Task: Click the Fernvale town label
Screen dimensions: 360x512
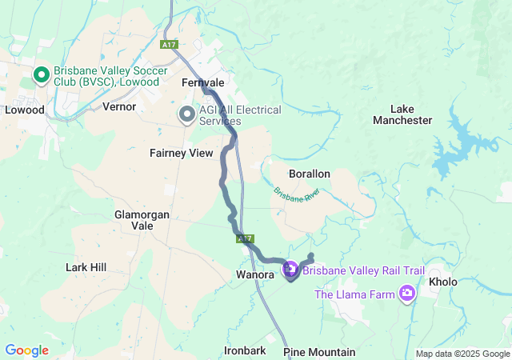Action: [202, 82]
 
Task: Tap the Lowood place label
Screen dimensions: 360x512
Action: [25, 110]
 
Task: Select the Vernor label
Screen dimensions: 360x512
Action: [119, 106]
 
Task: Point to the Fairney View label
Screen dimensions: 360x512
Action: [182, 152]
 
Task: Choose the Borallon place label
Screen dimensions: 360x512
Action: [309, 173]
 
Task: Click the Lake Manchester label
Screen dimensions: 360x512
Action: [402, 114]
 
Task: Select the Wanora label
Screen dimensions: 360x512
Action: [256, 275]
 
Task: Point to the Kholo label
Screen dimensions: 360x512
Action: [443, 282]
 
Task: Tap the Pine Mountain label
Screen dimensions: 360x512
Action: [319, 352]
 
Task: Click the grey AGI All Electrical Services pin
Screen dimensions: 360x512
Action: [186, 115]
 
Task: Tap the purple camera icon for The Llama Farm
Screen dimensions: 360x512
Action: [408, 294]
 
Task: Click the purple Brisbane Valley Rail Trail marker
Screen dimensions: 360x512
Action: [290, 271]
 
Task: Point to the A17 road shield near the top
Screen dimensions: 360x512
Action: [168, 45]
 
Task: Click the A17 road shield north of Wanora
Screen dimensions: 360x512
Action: [245, 238]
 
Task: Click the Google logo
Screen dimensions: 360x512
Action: [26, 350]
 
